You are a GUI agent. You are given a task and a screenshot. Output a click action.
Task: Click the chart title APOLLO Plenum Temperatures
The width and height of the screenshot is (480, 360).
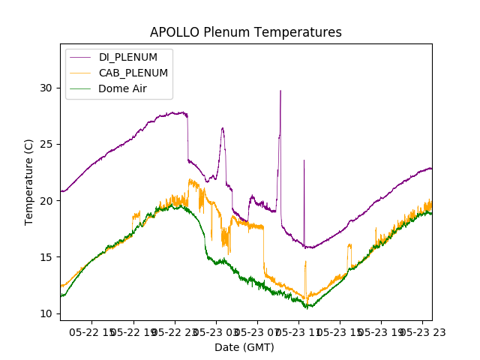click(x=245, y=32)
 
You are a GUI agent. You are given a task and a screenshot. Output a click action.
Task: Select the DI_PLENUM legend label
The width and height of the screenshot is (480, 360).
click(x=127, y=57)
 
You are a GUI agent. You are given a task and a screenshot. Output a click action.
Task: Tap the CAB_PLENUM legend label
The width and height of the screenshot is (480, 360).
click(x=133, y=73)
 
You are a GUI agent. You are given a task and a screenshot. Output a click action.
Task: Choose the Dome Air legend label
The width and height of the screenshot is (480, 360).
click(x=122, y=88)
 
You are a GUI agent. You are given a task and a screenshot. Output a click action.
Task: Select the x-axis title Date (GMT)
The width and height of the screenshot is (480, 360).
click(x=244, y=347)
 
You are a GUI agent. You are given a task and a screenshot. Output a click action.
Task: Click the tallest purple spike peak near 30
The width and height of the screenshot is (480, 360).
click(x=280, y=91)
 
